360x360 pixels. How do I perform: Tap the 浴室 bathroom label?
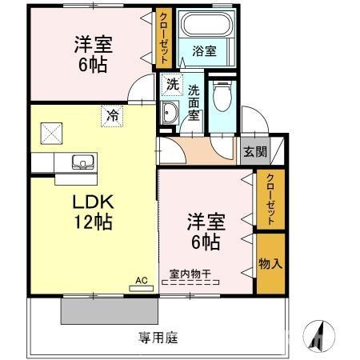coord(205,51)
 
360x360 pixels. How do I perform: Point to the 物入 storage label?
coord(270,263)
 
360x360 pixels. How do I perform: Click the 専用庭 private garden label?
coord(157,337)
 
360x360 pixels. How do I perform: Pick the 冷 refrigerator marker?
coord(112,115)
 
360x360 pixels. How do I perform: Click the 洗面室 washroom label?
coord(194,102)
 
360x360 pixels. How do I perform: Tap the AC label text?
coord(141,281)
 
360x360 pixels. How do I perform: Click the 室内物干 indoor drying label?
coord(190,274)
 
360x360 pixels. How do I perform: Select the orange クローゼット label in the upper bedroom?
coord(163,38)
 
